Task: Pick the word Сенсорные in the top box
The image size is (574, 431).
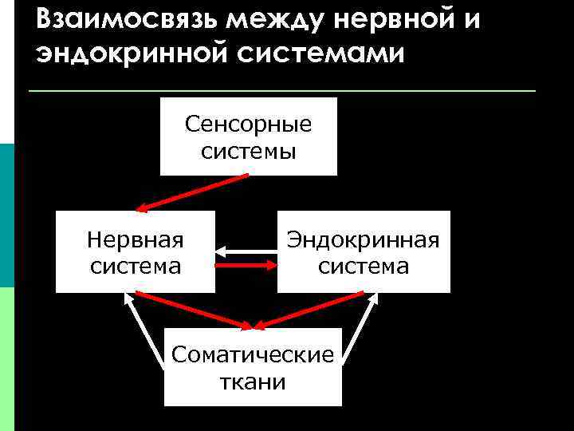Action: point(248,125)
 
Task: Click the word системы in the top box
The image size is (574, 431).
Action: point(248,152)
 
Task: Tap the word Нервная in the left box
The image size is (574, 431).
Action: point(135,239)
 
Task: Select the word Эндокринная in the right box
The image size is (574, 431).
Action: point(364,239)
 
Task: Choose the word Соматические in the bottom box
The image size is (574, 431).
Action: point(253,354)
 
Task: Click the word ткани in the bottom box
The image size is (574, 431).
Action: point(253,382)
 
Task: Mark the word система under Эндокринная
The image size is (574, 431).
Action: point(364,265)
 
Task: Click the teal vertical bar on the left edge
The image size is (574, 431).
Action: point(6,215)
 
